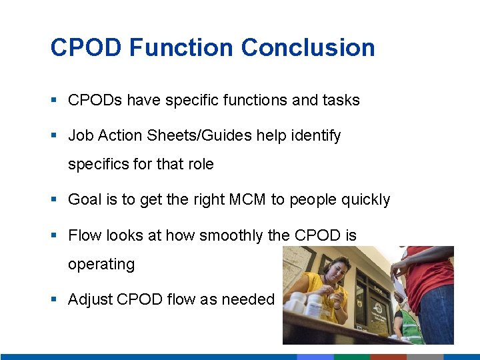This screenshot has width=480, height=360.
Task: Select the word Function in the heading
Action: pyautogui.click(x=181, y=48)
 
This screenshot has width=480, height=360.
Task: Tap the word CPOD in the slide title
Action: pyautogui.click(x=86, y=48)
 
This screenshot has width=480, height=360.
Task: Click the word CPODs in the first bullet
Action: pyautogui.click(x=95, y=101)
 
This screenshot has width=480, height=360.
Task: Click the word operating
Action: pyautogui.click(x=101, y=264)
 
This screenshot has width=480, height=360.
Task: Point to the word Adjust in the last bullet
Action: pyautogui.click(x=90, y=300)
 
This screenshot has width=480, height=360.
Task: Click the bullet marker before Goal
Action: pyautogui.click(x=53, y=199)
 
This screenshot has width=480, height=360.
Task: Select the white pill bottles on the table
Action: pyautogui.click(x=303, y=303)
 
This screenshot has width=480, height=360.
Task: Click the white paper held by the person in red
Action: pyautogui.click(x=399, y=283)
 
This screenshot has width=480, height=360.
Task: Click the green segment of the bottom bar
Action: pyautogui.click(x=351, y=357)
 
